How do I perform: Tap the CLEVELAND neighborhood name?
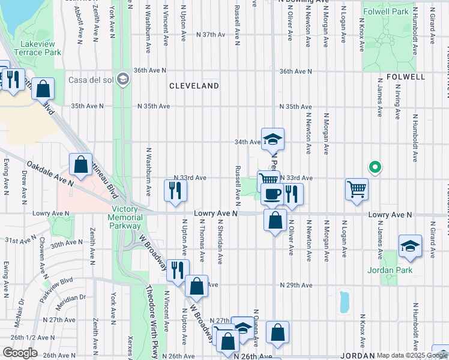click(194, 86)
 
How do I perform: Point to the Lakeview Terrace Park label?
click(41, 49)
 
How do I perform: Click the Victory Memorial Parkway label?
click(126, 218)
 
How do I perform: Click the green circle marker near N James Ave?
click(375, 167)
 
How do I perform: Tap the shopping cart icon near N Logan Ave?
click(357, 190)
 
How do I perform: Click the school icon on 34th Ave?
click(273, 139)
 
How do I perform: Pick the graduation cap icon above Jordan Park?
click(410, 246)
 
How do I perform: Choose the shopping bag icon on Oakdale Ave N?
click(80, 164)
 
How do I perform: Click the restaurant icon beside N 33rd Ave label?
click(176, 191)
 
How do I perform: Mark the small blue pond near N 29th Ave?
click(344, 302)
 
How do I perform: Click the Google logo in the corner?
click(20, 353)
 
